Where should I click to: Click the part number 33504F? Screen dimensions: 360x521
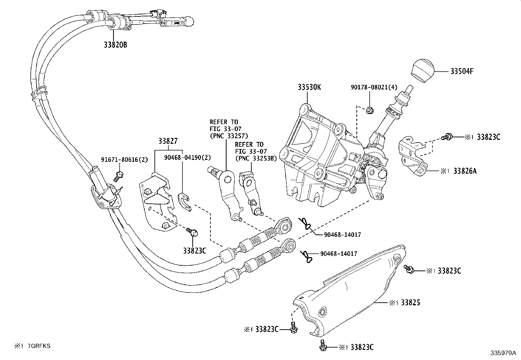pos(462,71)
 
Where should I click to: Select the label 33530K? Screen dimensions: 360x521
pos(309,87)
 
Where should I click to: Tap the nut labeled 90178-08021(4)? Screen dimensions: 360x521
pos(370,111)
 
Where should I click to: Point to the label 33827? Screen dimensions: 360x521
pos(168,142)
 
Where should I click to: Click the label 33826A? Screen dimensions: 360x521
pos(465,171)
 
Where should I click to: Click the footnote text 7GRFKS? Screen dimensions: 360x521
pos(39,346)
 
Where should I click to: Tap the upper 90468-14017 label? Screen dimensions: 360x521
pos(342,235)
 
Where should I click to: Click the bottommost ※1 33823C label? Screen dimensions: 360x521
pos(361,347)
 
